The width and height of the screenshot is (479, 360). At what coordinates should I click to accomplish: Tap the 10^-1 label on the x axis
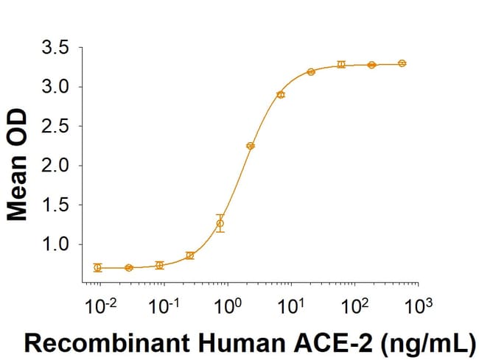[164, 303]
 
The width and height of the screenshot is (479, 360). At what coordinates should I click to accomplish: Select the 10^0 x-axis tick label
[228, 303]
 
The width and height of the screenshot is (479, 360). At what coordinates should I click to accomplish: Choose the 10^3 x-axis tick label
[417, 303]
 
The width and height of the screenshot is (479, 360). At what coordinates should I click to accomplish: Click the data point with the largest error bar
[220, 223]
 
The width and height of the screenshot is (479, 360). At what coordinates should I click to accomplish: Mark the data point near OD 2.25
[250, 146]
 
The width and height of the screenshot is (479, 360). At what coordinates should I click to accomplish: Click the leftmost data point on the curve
[98, 268]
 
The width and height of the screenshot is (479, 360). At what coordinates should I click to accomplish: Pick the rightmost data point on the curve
[402, 63]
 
